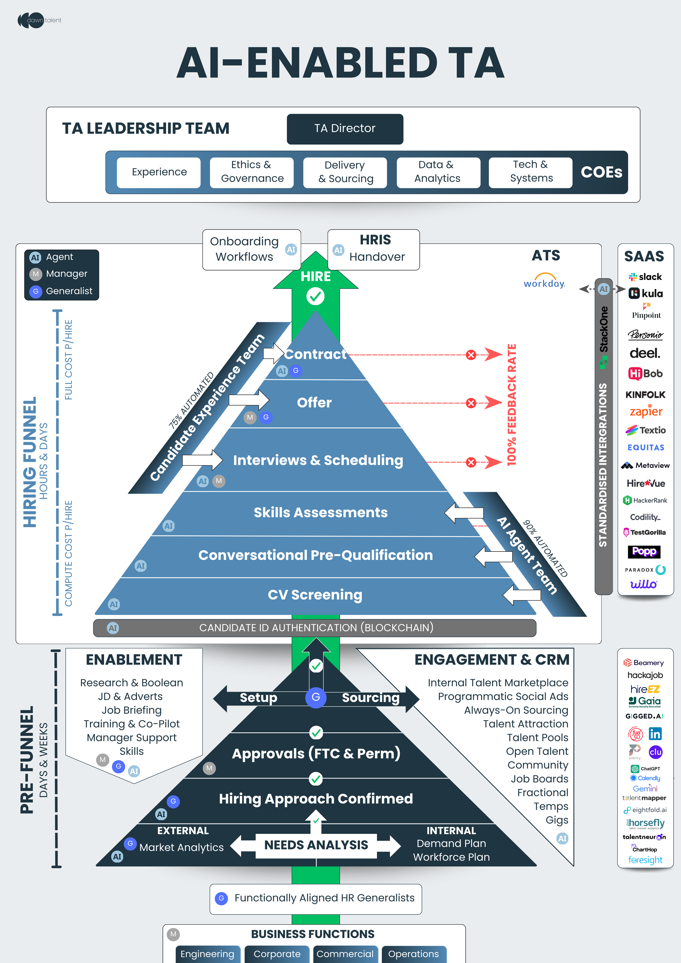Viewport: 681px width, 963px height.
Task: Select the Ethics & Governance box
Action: tap(252, 172)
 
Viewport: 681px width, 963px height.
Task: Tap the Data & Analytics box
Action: tap(438, 172)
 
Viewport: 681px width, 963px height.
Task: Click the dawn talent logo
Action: tap(39, 20)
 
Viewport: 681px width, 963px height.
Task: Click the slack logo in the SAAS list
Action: tap(645, 277)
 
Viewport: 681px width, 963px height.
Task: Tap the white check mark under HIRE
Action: tap(315, 297)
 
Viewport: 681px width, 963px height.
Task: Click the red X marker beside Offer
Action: tap(471, 403)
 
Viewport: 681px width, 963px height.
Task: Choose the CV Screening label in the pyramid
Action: tap(315, 595)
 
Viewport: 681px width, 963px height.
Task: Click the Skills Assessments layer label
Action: tap(321, 513)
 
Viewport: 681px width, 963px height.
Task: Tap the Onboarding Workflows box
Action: tap(251, 249)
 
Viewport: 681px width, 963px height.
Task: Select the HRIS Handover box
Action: tap(373, 249)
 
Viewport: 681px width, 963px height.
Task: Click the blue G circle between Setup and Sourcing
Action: tap(315, 697)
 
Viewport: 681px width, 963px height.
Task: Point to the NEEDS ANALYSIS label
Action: tap(316, 845)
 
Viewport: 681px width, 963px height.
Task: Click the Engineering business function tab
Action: tap(207, 954)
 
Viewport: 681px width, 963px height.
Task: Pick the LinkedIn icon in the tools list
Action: tap(655, 734)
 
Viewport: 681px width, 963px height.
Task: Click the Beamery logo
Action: tap(644, 663)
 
